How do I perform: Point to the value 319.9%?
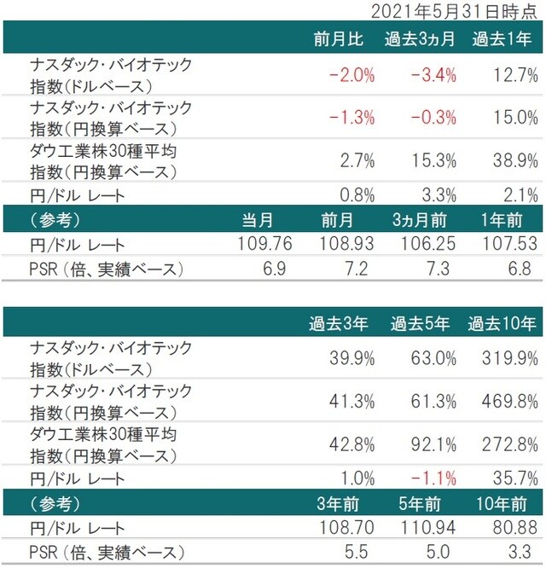coord(509,358)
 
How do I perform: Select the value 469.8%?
coord(509,402)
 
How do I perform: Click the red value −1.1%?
coord(433,479)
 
